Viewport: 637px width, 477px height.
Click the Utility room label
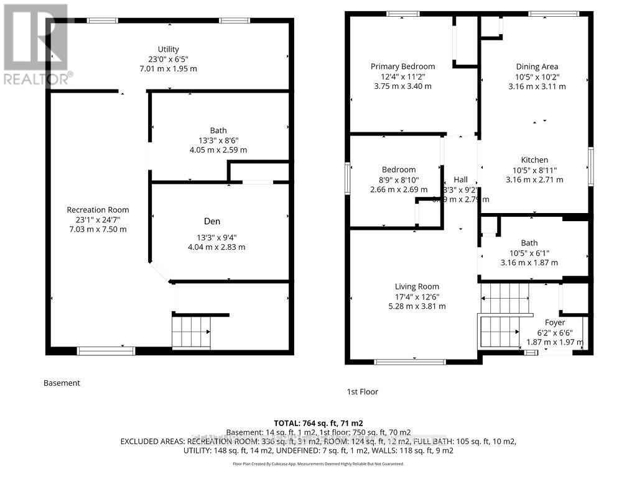coord(168,49)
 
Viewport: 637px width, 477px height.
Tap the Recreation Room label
coord(98,210)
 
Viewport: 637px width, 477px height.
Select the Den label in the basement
coord(212,221)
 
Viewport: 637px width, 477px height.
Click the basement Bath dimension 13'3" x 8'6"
coord(218,140)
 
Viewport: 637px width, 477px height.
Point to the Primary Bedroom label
coord(402,66)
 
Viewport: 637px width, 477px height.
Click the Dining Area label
coord(537,66)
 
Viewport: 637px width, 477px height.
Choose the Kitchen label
coord(534,160)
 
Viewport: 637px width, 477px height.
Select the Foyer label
coord(555,322)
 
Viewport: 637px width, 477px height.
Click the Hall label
coord(460,179)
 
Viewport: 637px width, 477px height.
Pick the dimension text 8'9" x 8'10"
coord(399,179)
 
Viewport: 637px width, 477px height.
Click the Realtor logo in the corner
coord(35,43)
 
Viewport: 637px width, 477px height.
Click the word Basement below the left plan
coord(62,383)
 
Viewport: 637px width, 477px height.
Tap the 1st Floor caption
coord(362,392)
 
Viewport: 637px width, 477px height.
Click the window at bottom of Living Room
coord(410,361)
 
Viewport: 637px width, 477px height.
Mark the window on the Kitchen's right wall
coord(591,166)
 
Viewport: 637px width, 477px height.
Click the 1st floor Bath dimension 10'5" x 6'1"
coord(529,253)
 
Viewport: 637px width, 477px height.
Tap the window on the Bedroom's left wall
coord(347,178)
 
